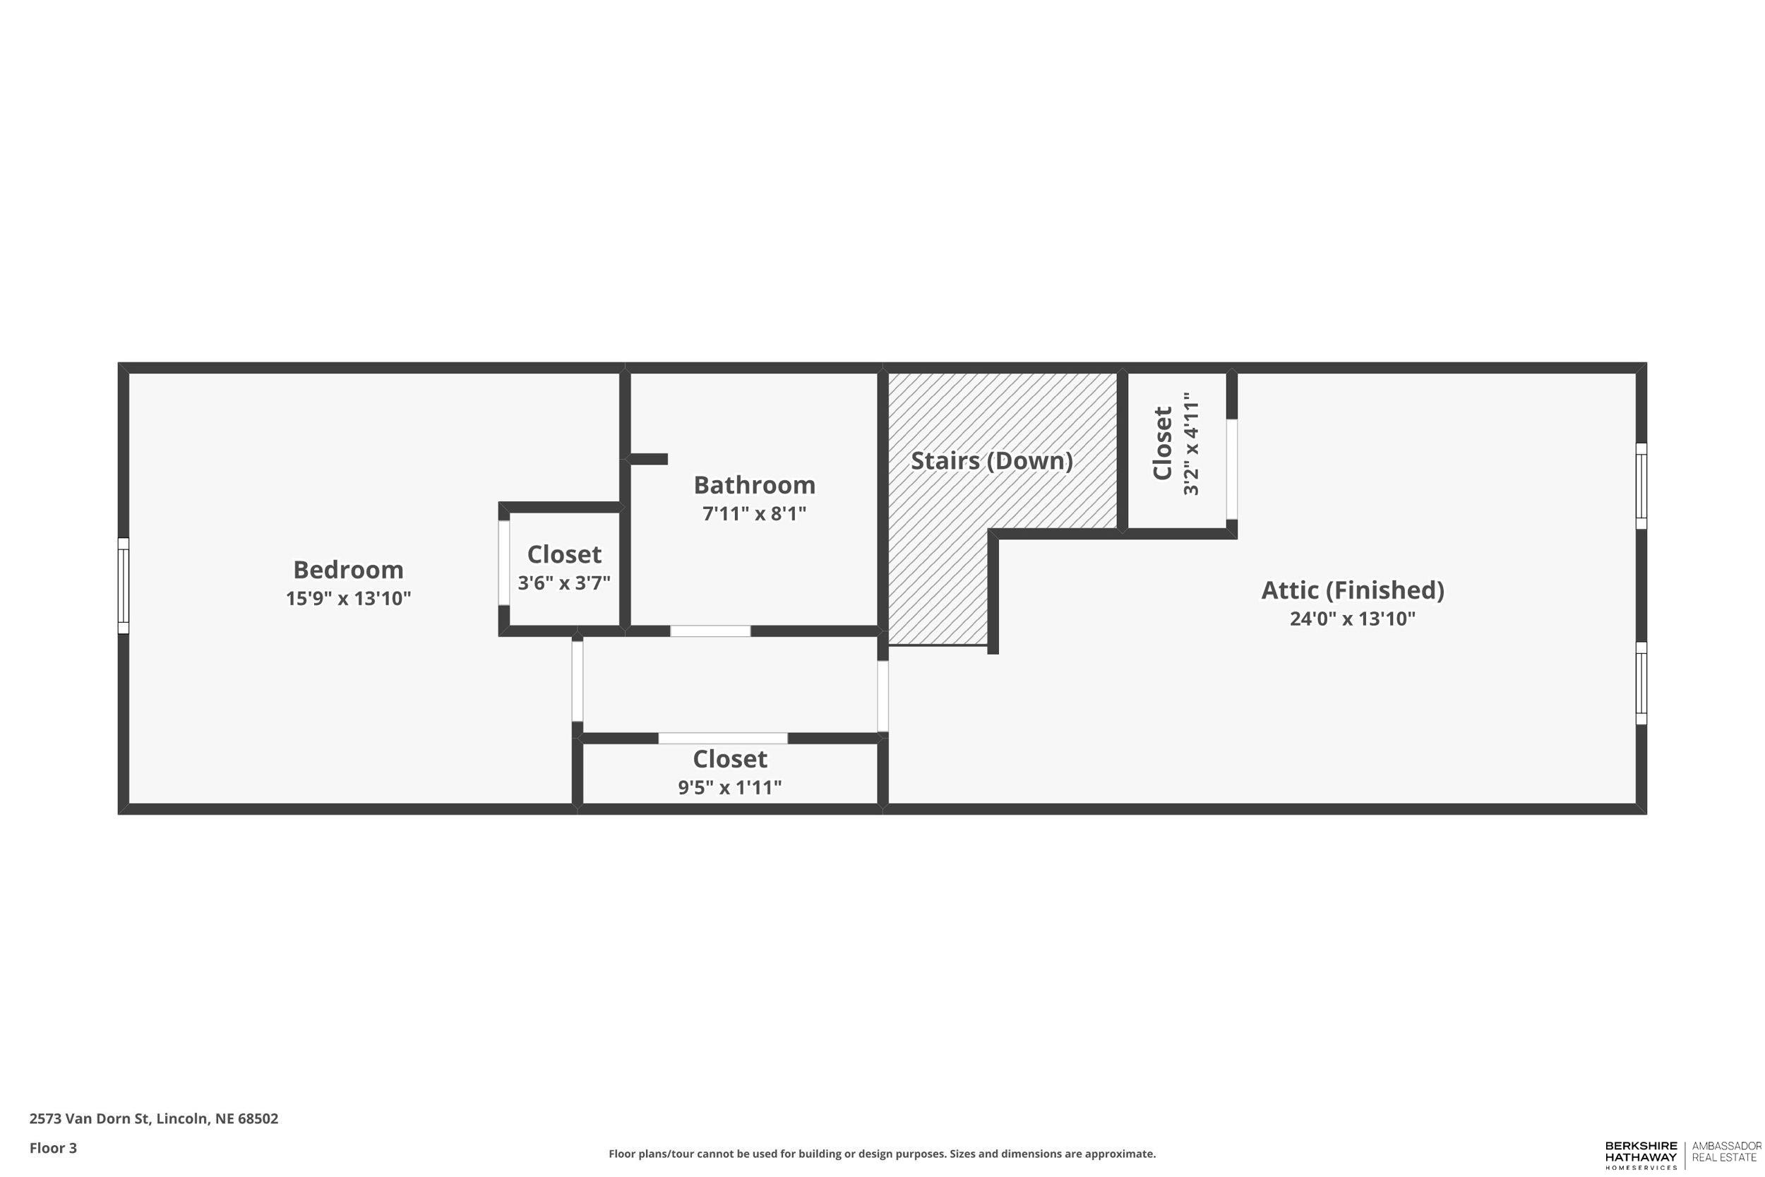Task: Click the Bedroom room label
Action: click(x=348, y=570)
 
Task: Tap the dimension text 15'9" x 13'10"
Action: click(x=348, y=598)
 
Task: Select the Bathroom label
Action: click(x=754, y=485)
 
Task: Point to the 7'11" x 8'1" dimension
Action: click(x=754, y=513)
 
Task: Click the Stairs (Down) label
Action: click(x=991, y=461)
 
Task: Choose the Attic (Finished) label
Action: click(x=1352, y=590)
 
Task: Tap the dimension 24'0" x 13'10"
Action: click(x=1352, y=619)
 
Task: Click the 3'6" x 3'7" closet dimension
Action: click(x=563, y=582)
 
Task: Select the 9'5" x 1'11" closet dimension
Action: click(x=729, y=787)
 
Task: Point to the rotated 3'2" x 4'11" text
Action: click(x=1191, y=448)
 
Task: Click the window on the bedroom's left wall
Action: click(x=123, y=585)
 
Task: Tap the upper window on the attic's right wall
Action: click(x=1641, y=486)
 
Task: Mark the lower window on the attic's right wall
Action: click(x=1641, y=683)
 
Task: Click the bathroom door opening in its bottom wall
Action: click(x=710, y=631)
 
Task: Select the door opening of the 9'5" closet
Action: click(x=723, y=738)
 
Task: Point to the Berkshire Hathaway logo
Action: click(x=1641, y=1155)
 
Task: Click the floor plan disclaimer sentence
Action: click(x=882, y=1154)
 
